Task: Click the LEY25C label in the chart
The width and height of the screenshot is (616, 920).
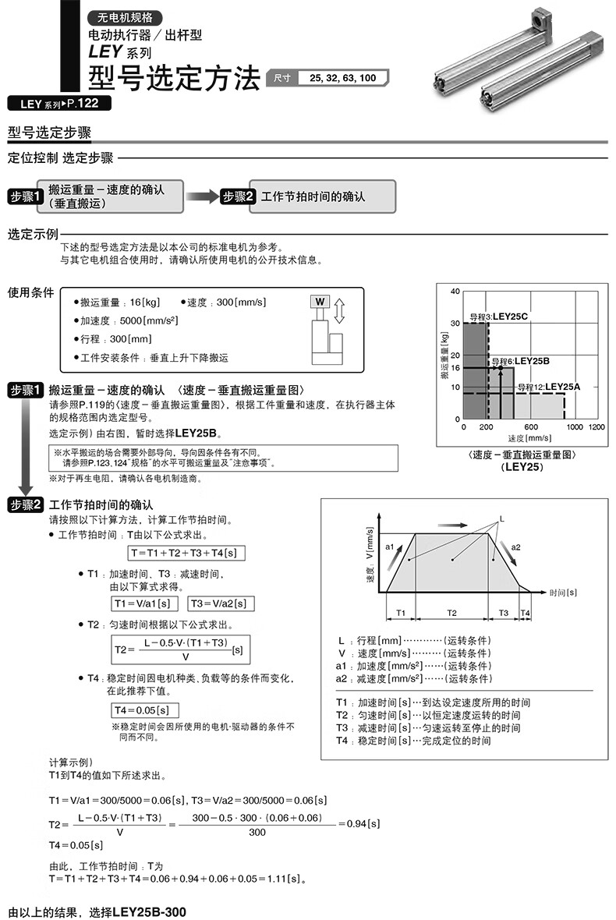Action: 512,317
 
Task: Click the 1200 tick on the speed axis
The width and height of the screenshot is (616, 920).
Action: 597,427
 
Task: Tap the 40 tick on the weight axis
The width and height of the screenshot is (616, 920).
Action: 455,291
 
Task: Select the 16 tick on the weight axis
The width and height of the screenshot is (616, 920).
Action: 455,368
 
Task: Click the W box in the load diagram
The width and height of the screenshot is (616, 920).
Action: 320,302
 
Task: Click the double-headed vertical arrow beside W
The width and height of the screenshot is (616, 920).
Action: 338,310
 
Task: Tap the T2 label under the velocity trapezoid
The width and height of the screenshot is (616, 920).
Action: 451,613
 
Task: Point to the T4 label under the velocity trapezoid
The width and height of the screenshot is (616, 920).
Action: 525,613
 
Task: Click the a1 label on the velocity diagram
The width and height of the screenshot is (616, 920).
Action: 391,547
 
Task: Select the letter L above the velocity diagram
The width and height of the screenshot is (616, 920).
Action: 501,518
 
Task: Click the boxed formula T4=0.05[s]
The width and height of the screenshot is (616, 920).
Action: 145,710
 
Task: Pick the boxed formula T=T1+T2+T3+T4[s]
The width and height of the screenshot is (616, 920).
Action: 183,552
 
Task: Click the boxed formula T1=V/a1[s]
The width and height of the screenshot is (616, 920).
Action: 145,603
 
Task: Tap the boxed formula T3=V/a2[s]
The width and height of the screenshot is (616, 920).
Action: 221,603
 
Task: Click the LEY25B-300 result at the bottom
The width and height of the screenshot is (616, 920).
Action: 150,911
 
